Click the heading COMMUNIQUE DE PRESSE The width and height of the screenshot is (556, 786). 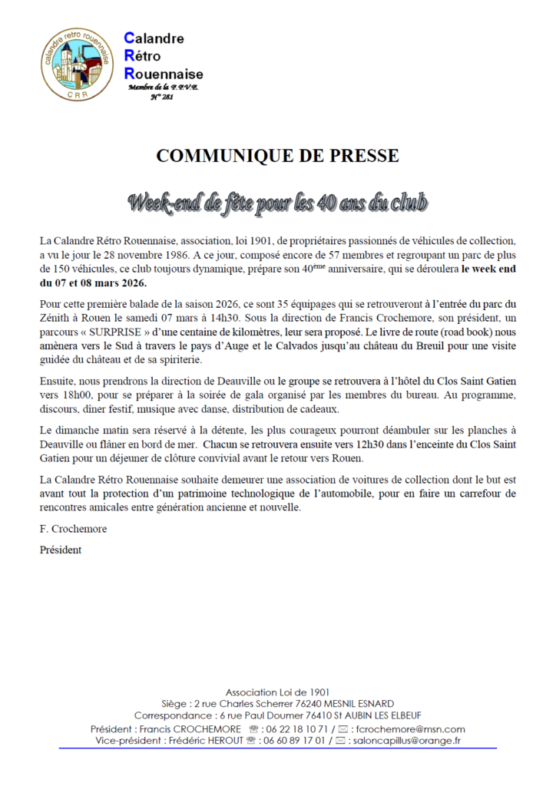coord(277,156)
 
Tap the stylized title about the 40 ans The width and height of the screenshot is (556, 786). coord(277,204)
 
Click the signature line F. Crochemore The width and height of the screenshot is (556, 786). coord(73,530)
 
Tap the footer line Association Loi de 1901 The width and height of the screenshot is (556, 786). coord(277,691)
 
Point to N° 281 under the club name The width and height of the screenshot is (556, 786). coord(161,97)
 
